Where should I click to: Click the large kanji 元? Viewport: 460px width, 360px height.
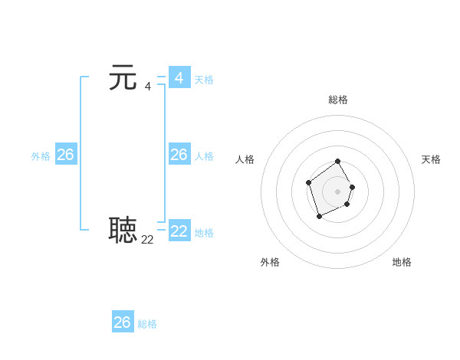pyautogui.click(x=123, y=77)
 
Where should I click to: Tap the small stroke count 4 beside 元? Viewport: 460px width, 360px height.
pyautogui.click(x=147, y=86)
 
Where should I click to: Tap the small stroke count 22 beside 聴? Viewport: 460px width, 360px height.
pyautogui.click(x=147, y=240)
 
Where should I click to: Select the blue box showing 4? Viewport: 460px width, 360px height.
pyautogui.click(x=179, y=78)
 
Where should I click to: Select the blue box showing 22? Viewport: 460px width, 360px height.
pyautogui.click(x=179, y=231)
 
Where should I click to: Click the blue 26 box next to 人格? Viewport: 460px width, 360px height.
pyautogui.click(x=179, y=155)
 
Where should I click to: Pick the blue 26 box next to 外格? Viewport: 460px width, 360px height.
pyautogui.click(x=65, y=155)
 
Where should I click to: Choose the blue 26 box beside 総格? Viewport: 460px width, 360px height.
pyautogui.click(x=123, y=322)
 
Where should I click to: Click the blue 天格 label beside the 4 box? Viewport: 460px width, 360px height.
pyautogui.click(x=204, y=80)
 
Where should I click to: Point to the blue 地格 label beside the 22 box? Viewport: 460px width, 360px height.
pyautogui.click(x=204, y=233)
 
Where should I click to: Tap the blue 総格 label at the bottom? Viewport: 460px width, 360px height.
pyautogui.click(x=147, y=324)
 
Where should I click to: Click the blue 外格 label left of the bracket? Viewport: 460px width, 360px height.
pyautogui.click(x=41, y=156)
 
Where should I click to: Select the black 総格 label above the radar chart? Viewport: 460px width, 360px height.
pyautogui.click(x=338, y=100)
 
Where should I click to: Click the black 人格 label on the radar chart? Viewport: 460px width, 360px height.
pyautogui.click(x=245, y=159)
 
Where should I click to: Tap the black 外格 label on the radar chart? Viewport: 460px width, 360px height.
pyautogui.click(x=270, y=262)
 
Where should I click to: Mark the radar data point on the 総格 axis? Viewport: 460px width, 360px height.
pyautogui.click(x=338, y=162)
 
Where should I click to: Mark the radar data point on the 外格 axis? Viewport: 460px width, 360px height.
pyautogui.click(x=319, y=218)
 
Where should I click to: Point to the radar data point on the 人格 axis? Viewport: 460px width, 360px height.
pyautogui.click(x=308, y=182)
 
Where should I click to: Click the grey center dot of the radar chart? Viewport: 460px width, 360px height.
pyautogui.click(x=338, y=191)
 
